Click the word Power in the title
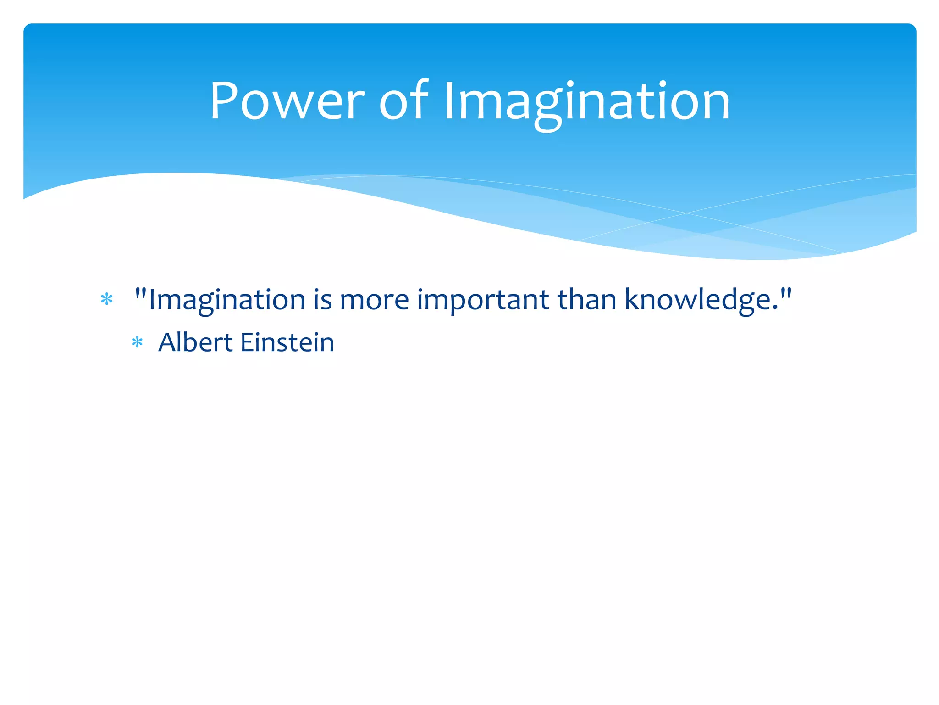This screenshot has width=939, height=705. [287, 101]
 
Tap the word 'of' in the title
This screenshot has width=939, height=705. [403, 101]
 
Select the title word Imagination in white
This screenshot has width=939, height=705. [587, 103]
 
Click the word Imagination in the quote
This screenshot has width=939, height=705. [227, 301]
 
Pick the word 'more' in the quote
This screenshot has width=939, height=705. [374, 301]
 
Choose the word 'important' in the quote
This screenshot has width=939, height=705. [483, 301]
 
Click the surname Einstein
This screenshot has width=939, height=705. [287, 342]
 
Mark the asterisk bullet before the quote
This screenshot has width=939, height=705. [107, 300]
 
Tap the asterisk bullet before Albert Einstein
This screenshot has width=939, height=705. [137, 342]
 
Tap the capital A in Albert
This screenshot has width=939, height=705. [168, 342]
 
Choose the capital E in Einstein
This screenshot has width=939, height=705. [247, 342]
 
